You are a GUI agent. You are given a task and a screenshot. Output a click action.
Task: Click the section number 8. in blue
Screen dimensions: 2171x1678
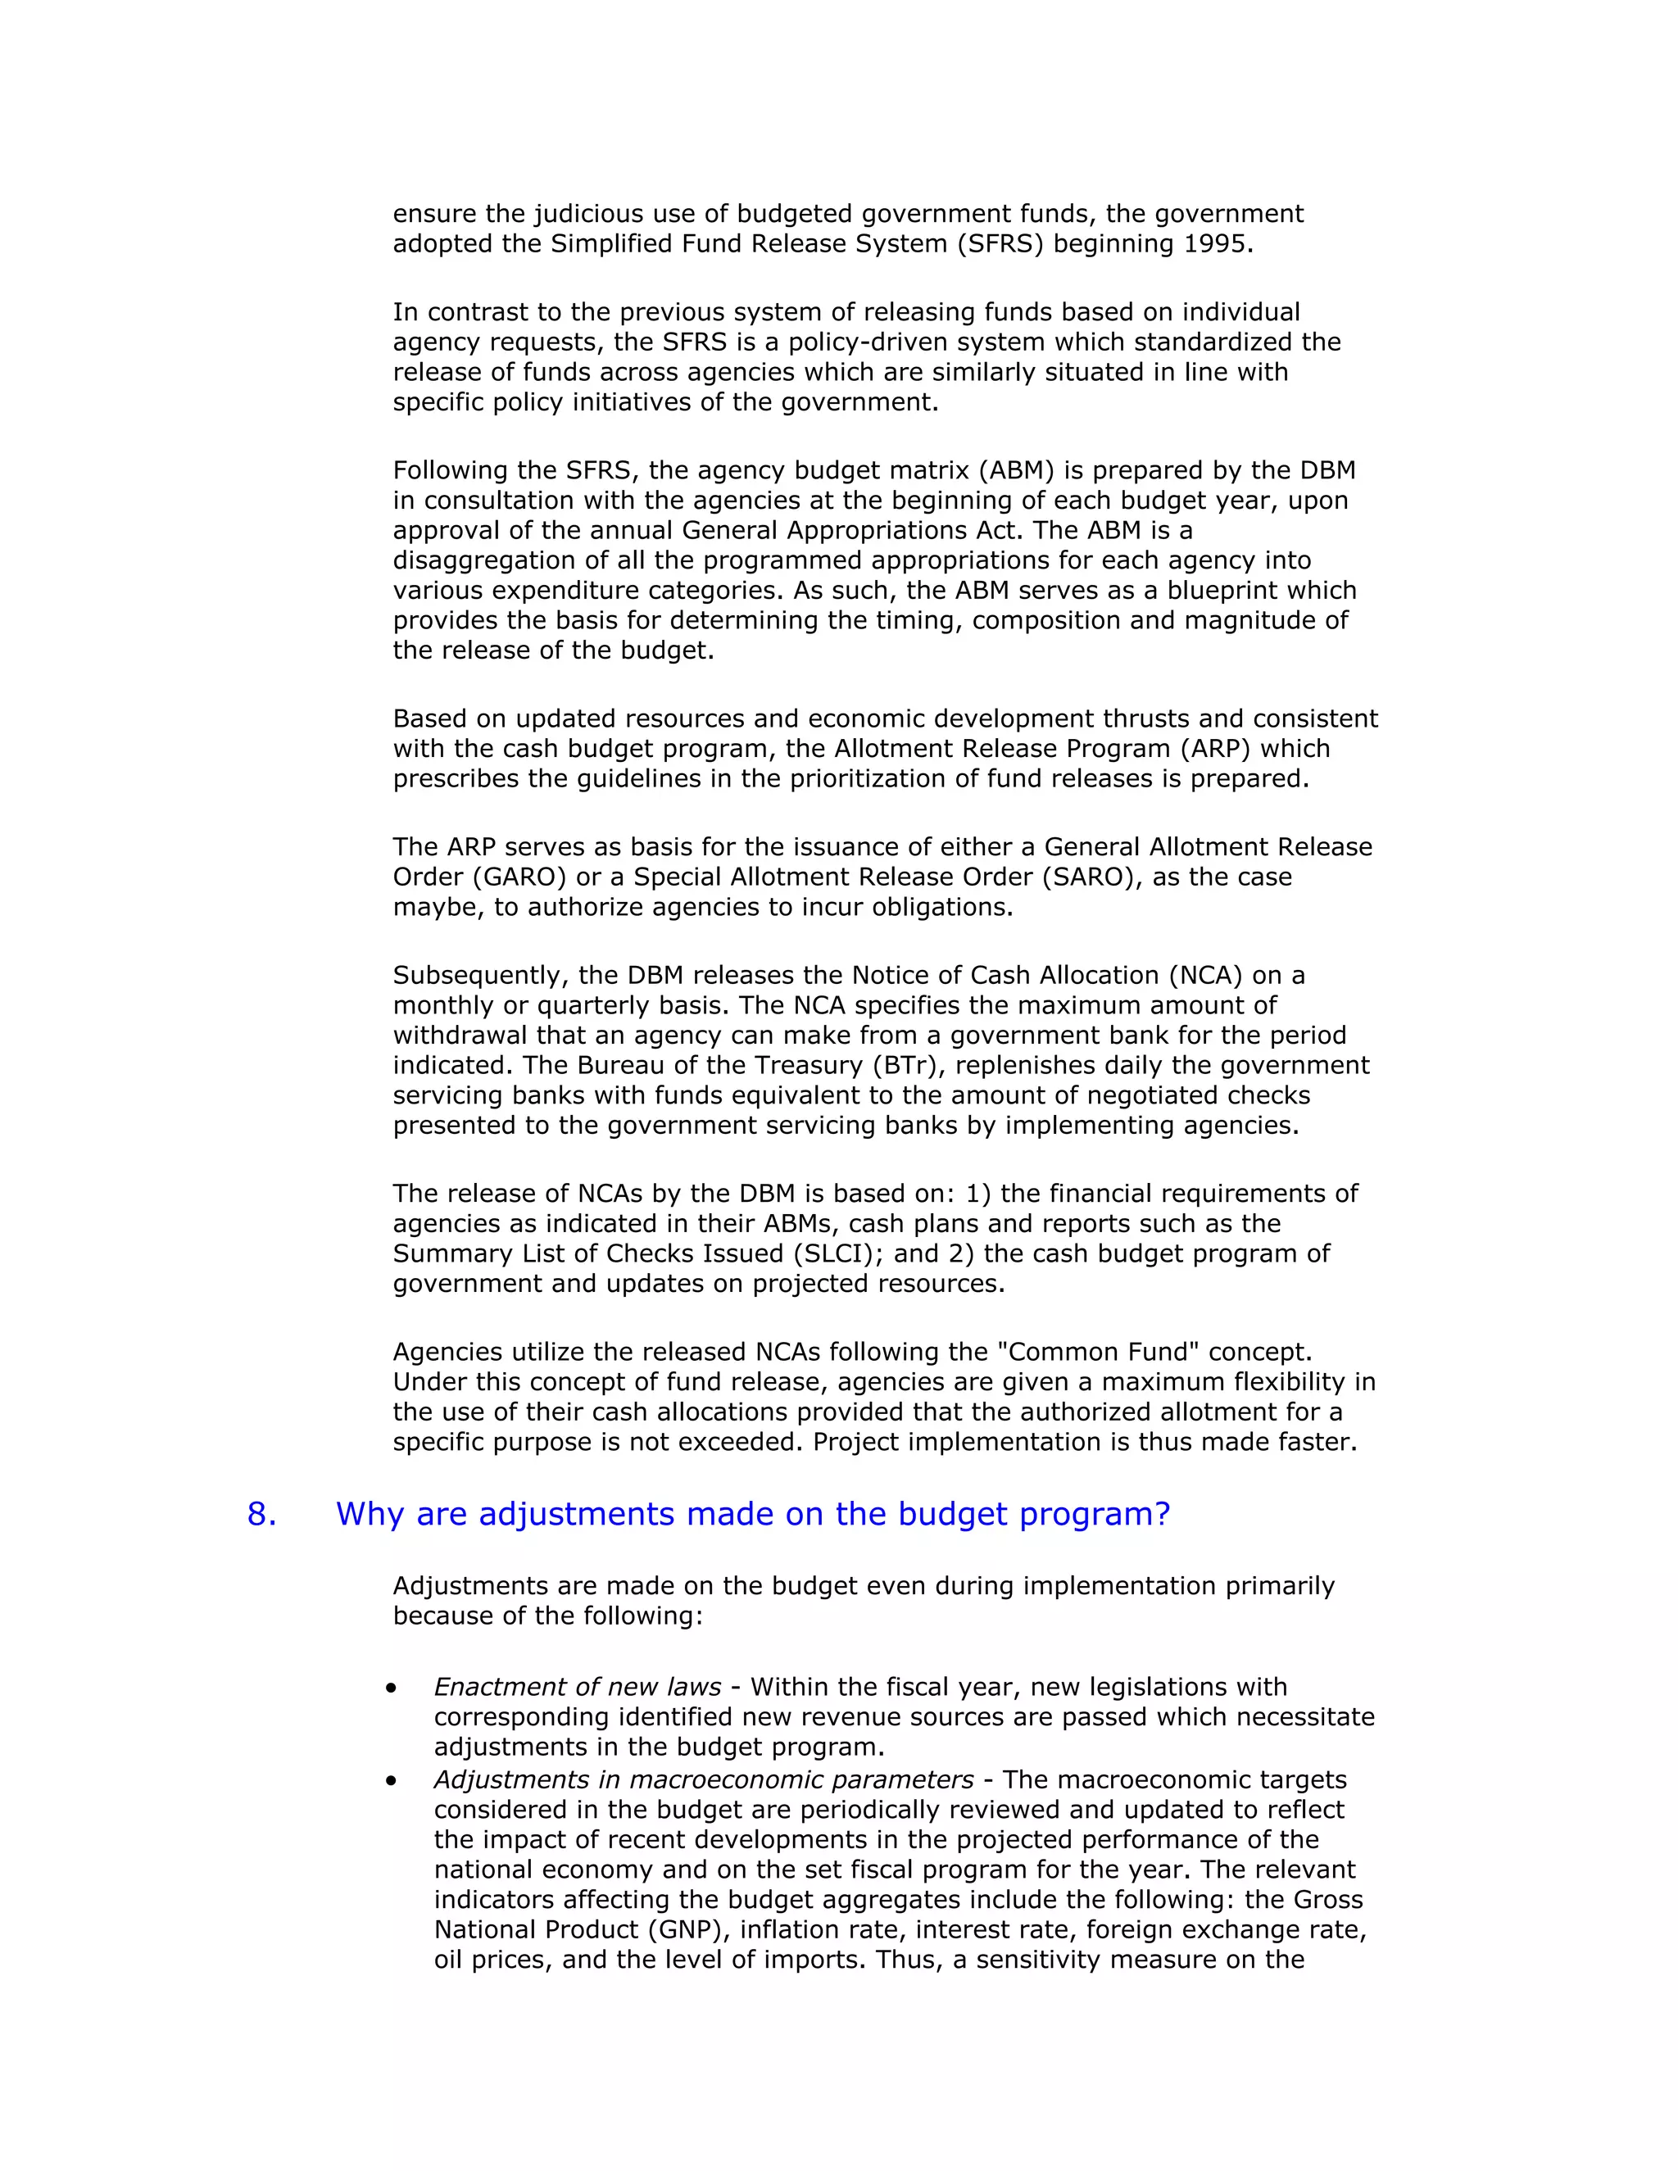tap(261, 1514)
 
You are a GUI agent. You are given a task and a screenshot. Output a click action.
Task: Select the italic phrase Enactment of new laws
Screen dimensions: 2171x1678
tap(577, 1687)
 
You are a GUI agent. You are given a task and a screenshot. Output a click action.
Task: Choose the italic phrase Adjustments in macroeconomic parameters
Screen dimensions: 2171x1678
tap(704, 1779)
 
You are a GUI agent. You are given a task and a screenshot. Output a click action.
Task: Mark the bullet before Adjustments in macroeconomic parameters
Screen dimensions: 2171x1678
tap(392, 1781)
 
